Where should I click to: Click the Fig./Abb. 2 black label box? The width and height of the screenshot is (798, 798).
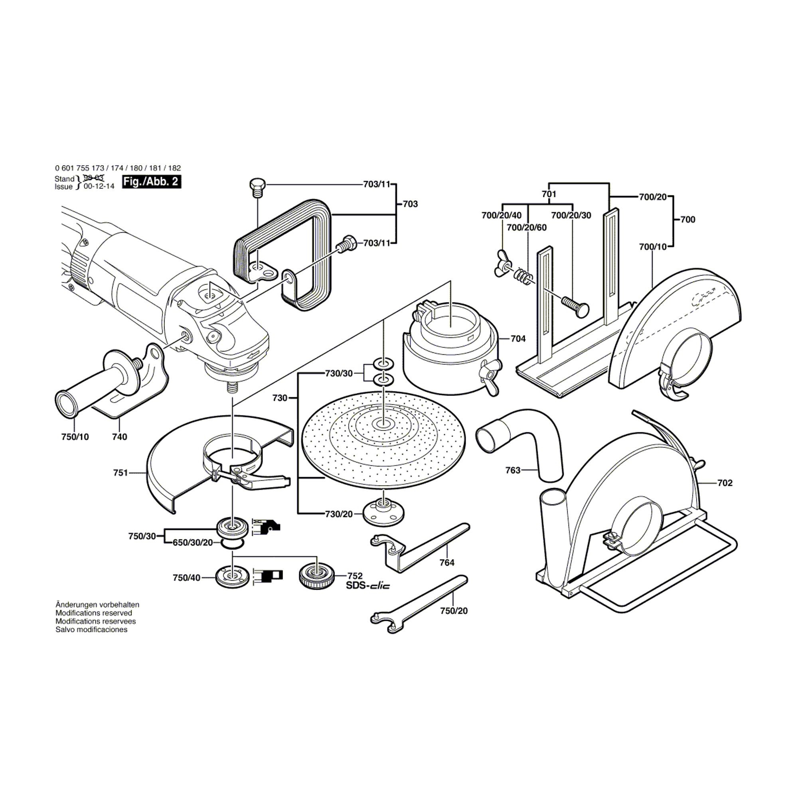click(x=152, y=182)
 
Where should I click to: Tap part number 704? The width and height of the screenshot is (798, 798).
click(x=518, y=339)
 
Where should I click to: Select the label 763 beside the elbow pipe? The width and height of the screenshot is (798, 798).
click(x=513, y=470)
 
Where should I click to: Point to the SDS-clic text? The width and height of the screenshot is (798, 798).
click(x=367, y=585)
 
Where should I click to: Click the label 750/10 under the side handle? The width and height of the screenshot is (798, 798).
click(x=75, y=437)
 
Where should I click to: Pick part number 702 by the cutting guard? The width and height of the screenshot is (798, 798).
click(x=725, y=483)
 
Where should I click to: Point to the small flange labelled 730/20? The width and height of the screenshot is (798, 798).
click(x=384, y=514)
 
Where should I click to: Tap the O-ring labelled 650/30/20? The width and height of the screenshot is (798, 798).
click(x=231, y=544)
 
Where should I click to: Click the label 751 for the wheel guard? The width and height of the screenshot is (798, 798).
click(x=120, y=473)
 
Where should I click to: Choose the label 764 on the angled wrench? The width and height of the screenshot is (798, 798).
click(x=447, y=563)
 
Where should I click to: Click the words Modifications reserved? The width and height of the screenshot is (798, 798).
click(x=94, y=613)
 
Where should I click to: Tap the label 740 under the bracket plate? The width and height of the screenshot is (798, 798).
click(x=119, y=437)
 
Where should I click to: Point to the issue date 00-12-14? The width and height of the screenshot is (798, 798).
click(x=99, y=187)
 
